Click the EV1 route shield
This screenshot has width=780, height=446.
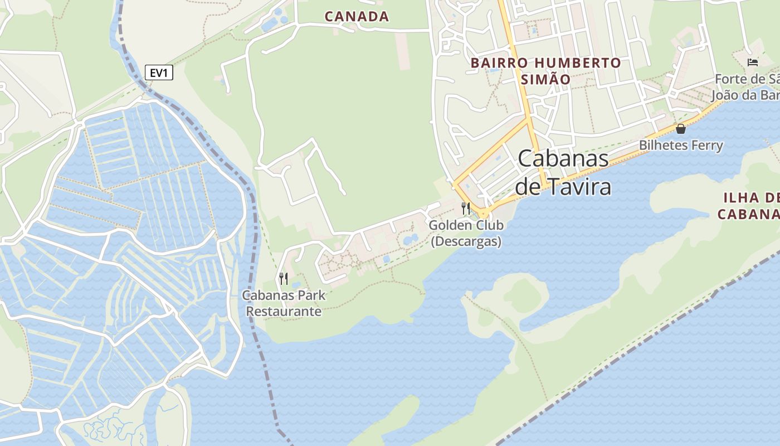tap(159, 72)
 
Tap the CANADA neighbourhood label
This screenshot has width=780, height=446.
tap(357, 17)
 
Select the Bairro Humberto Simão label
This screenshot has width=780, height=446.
tap(545, 71)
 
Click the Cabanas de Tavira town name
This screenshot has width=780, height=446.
tap(563, 172)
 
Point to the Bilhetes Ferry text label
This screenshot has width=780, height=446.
tap(681, 146)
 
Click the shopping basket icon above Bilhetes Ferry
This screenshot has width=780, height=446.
tap(681, 129)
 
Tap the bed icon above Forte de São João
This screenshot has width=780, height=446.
tap(753, 62)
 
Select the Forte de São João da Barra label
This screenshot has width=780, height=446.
tap(747, 87)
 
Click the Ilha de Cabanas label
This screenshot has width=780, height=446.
tap(749, 206)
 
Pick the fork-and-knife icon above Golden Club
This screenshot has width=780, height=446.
tap(466, 209)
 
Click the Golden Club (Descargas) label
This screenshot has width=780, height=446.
tap(466, 233)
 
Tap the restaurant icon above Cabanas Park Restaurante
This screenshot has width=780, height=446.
tap(284, 278)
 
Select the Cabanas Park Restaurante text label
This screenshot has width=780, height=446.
tap(284, 303)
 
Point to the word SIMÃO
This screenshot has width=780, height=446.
tap(545, 79)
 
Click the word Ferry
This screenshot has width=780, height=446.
tap(705, 146)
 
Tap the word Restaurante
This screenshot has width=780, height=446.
tap(284, 311)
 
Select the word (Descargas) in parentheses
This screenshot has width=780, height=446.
tap(466, 241)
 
